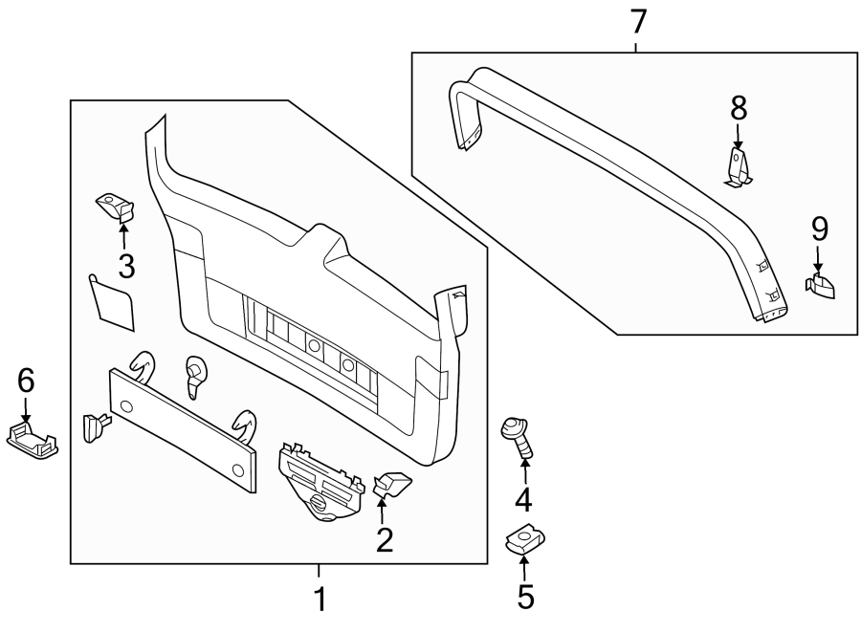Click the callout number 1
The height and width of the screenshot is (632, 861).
pyautogui.click(x=320, y=600)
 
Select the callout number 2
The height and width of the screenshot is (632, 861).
pyautogui.click(x=385, y=541)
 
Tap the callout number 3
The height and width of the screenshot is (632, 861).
pyautogui.click(x=125, y=266)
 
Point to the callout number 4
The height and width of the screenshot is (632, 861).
pyautogui.click(x=524, y=498)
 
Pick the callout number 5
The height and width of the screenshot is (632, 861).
pyautogui.click(x=525, y=597)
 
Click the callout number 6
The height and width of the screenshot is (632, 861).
pyautogui.click(x=26, y=381)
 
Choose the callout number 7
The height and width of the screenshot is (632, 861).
pyautogui.click(x=638, y=20)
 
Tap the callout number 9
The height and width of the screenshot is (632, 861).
pyautogui.click(x=819, y=229)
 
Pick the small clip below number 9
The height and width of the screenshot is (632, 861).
pyautogui.click(x=821, y=286)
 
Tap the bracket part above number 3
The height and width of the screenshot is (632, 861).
pyautogui.click(x=115, y=206)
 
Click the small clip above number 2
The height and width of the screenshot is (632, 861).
pyautogui.click(x=391, y=483)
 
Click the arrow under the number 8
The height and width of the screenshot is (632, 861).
pyautogui.click(x=739, y=135)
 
